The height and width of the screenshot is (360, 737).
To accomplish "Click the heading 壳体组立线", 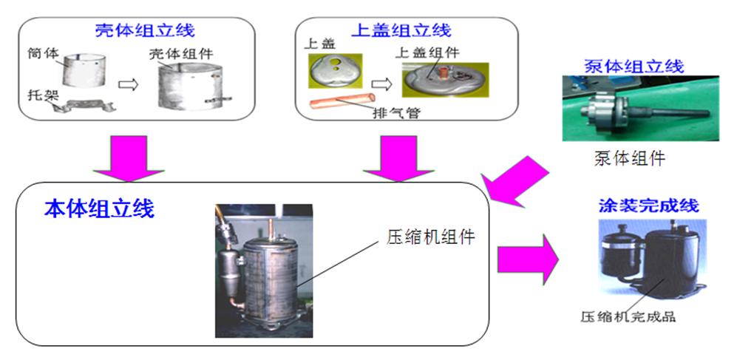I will pyautogui.click(x=145, y=31).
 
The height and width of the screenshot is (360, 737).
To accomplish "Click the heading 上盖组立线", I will pyautogui.click(x=400, y=31).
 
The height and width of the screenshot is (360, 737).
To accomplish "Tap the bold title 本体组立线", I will pyautogui.click(x=98, y=209).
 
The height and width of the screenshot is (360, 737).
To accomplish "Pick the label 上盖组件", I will pyautogui.click(x=427, y=53).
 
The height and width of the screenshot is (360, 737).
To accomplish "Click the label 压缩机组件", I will pyautogui.click(x=430, y=237).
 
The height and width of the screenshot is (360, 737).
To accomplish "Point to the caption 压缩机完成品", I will pyautogui.click(x=628, y=318).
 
